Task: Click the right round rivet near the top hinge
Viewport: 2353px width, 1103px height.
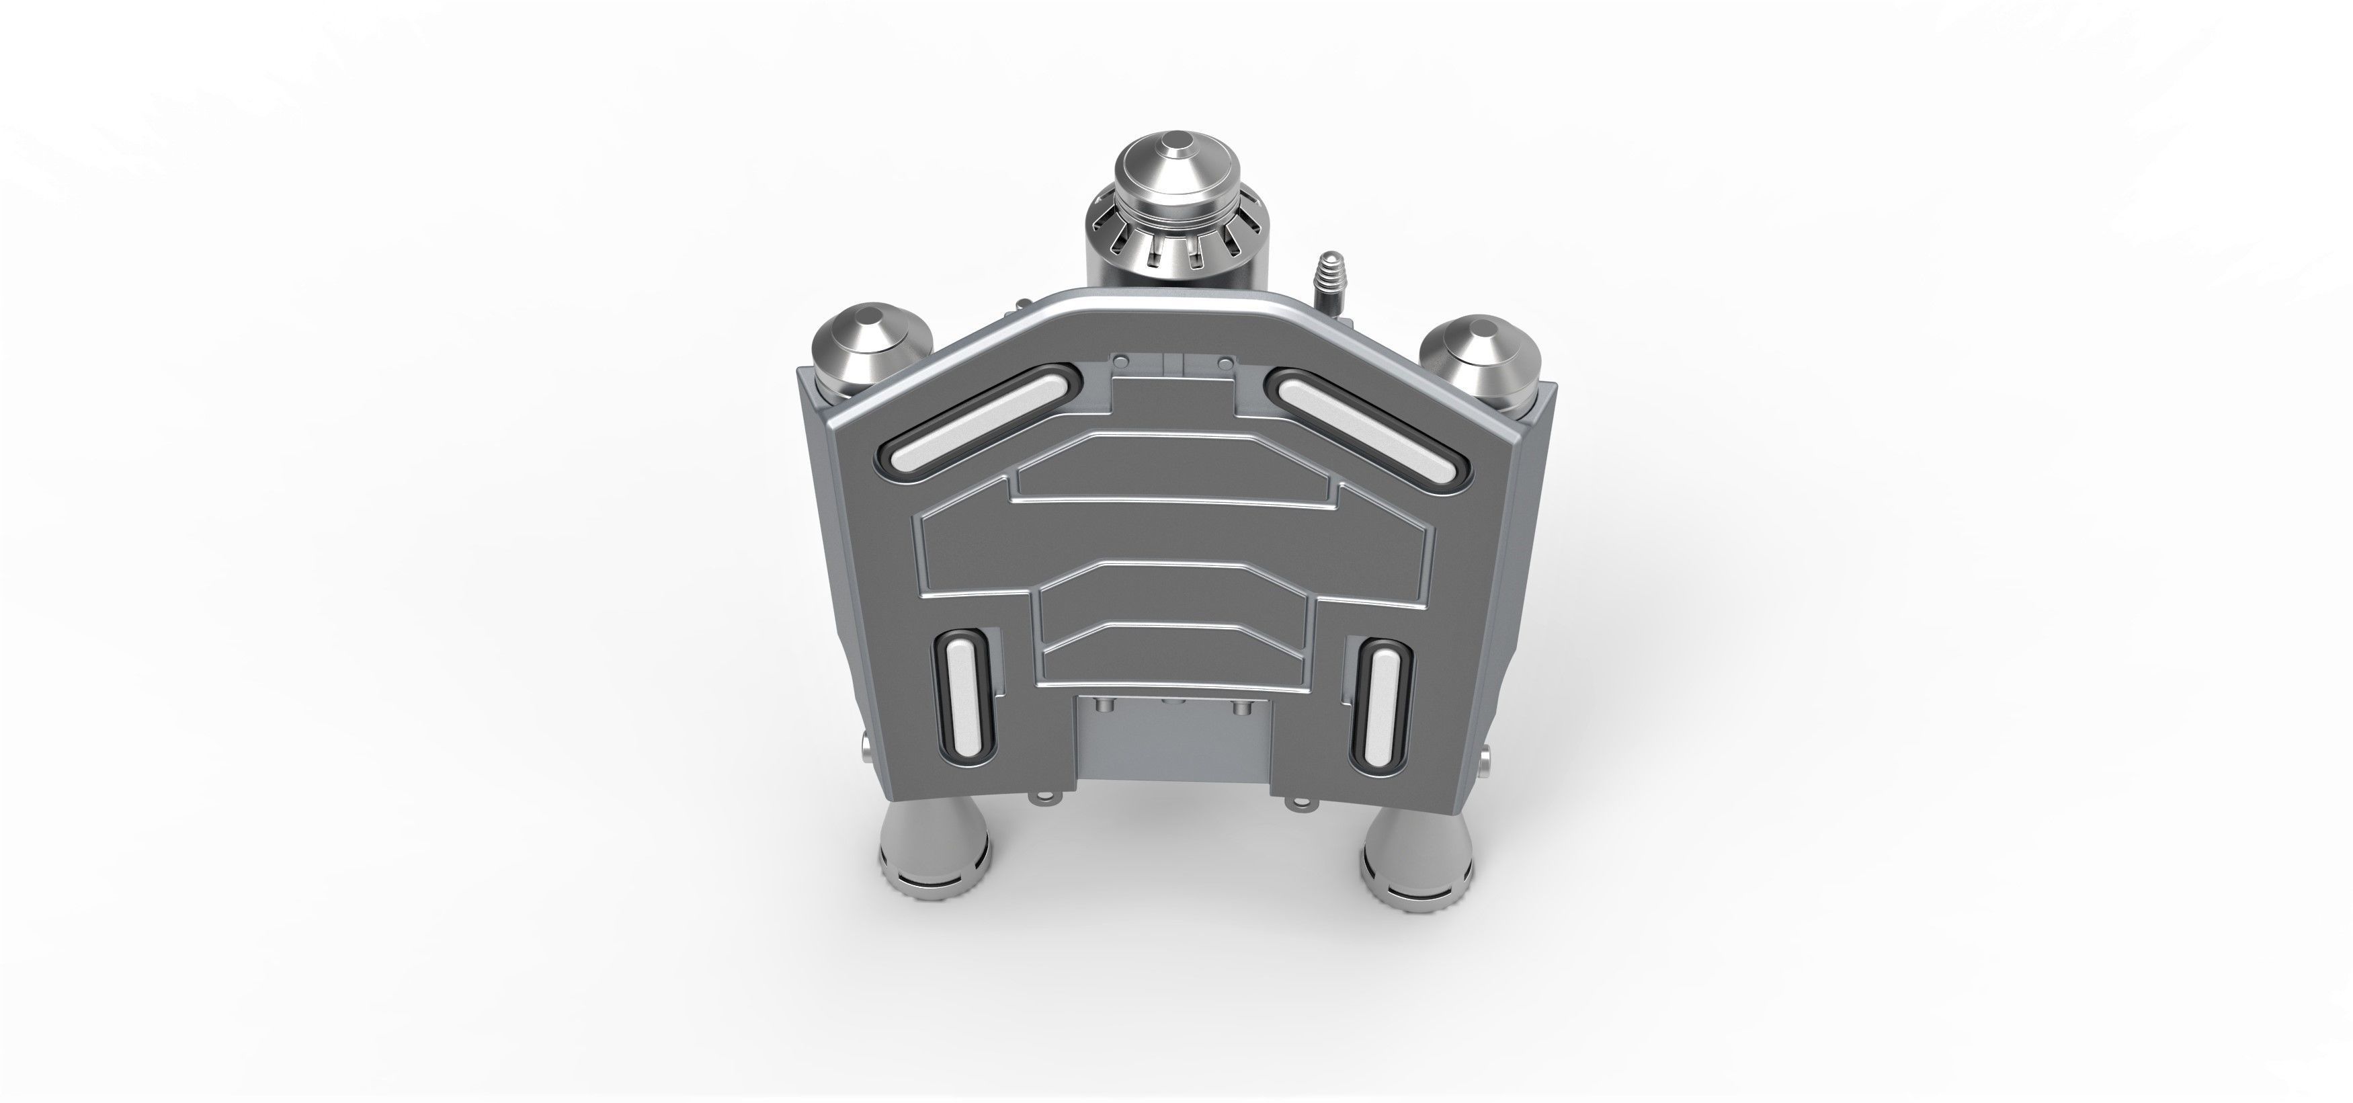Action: click(1224, 364)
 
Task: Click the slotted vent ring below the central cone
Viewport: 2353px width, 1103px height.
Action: click(1175, 247)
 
